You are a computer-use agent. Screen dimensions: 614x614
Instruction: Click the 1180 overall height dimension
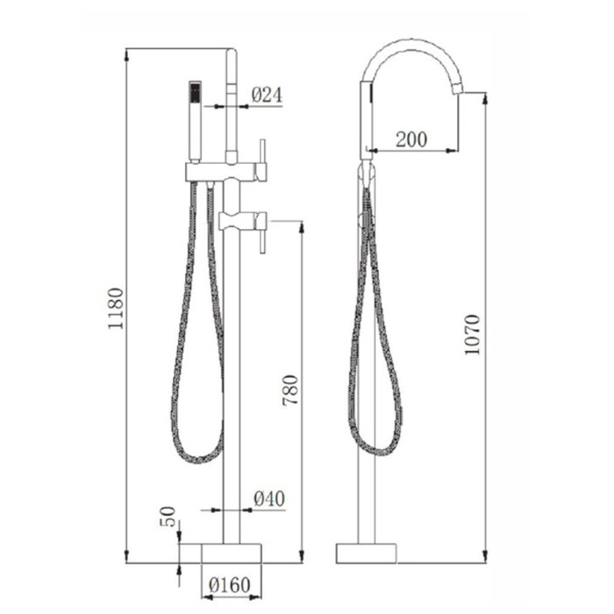116,309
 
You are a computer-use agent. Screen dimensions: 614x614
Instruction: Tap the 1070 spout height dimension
472,335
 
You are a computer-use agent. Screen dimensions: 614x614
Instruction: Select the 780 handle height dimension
291,390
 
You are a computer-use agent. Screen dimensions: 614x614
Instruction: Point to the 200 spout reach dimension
411,139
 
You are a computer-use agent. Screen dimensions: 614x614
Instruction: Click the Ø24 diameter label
267,95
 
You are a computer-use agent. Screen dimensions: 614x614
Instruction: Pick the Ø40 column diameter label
269,499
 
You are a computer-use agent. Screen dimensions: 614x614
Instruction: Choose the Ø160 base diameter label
230,585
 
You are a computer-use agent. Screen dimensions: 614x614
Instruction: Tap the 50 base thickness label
168,517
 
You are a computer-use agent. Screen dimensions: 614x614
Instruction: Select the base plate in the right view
367,553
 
